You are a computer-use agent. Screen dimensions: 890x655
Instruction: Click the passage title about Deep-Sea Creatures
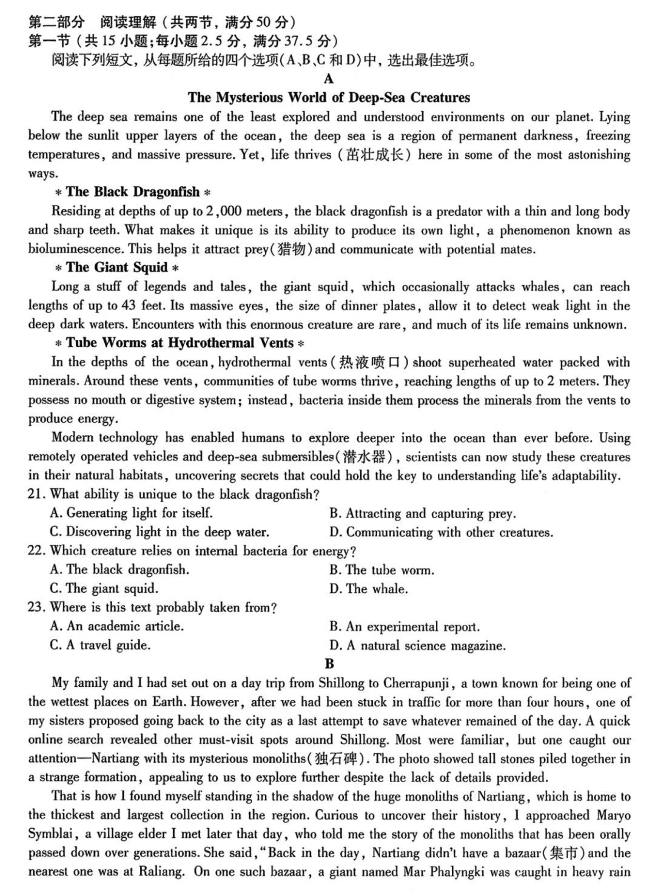point(329,98)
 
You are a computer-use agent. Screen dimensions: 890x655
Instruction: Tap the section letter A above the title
point(329,79)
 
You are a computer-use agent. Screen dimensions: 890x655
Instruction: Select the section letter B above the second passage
point(329,664)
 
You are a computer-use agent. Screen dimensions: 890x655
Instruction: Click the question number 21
point(36,494)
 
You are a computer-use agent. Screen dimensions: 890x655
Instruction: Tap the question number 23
point(36,607)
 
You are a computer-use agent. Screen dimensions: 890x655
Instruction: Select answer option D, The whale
point(369,588)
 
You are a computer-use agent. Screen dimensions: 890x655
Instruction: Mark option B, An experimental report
point(405,627)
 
